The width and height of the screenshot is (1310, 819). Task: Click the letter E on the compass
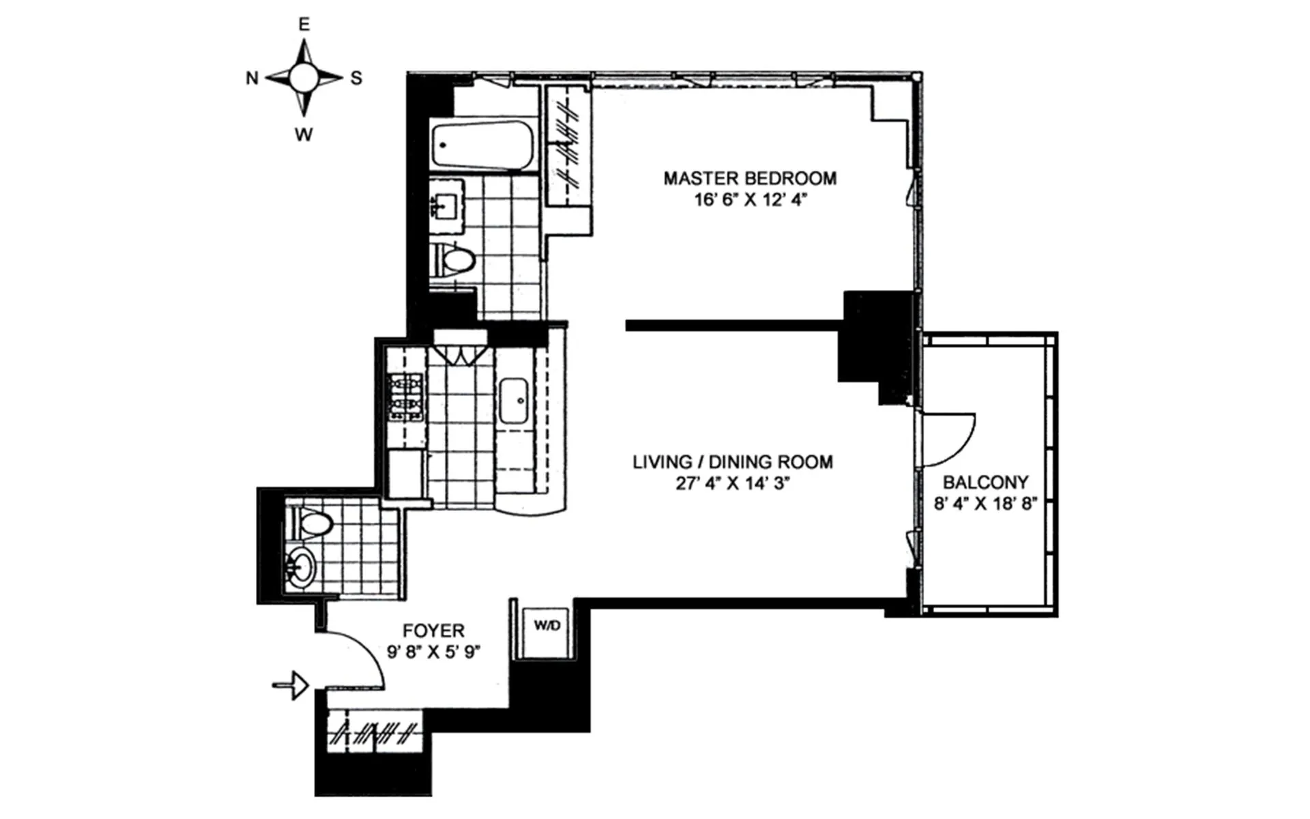point(304,25)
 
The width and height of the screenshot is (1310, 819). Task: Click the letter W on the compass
point(304,134)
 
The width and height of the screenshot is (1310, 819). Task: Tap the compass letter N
point(252,78)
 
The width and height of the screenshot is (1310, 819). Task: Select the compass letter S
point(356,78)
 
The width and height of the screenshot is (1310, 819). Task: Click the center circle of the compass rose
point(304,78)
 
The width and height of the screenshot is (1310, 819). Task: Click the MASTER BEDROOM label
point(750,179)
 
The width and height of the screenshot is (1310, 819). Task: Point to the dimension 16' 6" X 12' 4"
point(750,200)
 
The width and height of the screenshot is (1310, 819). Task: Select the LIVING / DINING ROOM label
point(732,462)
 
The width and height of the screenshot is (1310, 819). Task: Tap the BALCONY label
point(985,483)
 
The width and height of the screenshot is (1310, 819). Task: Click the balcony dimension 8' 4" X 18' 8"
point(985,504)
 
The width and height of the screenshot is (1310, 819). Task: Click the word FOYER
point(433,631)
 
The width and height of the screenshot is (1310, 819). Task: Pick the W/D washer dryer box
point(547,626)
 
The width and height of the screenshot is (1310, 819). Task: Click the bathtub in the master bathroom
point(483,145)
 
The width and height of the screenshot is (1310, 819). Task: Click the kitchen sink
point(513,401)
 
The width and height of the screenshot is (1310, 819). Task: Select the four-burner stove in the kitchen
point(406,396)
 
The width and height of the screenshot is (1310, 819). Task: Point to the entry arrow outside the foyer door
point(291,685)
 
